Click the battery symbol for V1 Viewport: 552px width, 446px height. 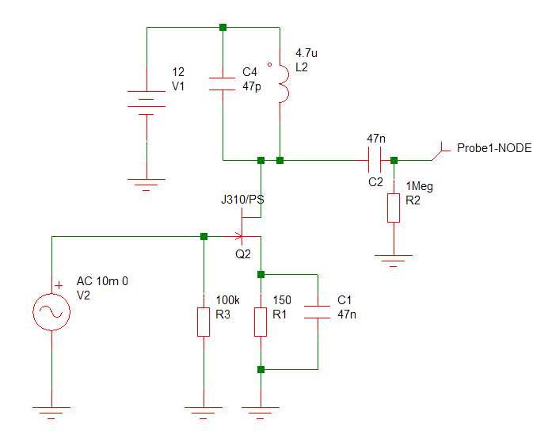point(147,103)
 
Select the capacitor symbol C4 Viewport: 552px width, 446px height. point(222,84)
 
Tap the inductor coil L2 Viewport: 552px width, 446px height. point(284,84)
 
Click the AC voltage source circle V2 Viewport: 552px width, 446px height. point(51,312)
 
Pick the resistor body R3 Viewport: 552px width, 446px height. point(204,322)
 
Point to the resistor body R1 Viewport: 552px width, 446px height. point(261,322)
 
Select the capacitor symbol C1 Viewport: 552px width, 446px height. point(318,312)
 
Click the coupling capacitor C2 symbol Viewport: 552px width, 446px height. point(375,160)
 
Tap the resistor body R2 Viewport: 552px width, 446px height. point(394,208)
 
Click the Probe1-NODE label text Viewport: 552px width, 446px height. point(494,148)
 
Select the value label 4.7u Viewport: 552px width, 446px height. point(306,53)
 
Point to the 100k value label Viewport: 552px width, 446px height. point(227,300)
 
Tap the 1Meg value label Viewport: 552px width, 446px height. point(419,186)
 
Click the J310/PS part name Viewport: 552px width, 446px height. point(242,200)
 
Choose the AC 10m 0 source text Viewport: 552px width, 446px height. point(102,281)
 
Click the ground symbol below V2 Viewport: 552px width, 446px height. point(51,413)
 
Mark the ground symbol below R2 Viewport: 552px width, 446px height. point(394,261)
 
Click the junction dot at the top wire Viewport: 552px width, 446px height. point(223,27)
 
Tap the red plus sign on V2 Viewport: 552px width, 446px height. point(59,285)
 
